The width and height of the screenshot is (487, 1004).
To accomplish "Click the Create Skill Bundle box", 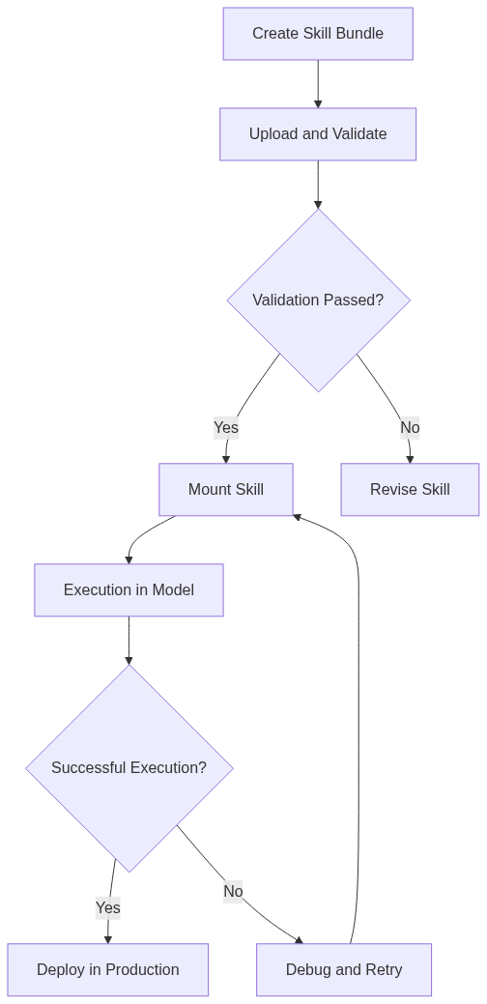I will (x=318, y=34).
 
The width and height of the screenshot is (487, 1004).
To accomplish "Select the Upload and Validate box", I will (x=318, y=134).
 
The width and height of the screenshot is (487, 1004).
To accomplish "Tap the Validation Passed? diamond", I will (x=318, y=301).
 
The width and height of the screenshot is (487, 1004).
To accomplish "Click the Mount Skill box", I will (x=226, y=490).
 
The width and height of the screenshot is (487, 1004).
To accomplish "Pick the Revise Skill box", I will (x=410, y=490).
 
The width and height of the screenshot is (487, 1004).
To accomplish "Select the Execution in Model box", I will (x=129, y=590).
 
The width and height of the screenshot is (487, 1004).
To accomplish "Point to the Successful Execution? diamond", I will (x=129, y=768).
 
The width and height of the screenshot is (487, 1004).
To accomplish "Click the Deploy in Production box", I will (x=108, y=970).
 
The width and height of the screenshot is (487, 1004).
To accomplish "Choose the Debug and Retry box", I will (x=344, y=970).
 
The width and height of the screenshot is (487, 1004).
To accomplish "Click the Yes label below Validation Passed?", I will (x=226, y=427).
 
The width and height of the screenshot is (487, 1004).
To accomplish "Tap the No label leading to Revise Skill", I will (x=410, y=427).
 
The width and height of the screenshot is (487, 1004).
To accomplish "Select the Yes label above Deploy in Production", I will (x=108, y=907).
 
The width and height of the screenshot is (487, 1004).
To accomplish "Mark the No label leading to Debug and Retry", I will (x=233, y=891).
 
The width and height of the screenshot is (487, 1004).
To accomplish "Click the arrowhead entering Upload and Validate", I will (x=318, y=103).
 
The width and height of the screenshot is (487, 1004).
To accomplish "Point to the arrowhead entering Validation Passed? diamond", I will (x=318, y=204).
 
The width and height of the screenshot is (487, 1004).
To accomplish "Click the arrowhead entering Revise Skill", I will (x=410, y=459).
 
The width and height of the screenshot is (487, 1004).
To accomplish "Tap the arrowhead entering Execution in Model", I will (x=129, y=559).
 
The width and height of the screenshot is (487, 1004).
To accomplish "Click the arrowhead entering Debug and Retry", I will (x=299, y=939).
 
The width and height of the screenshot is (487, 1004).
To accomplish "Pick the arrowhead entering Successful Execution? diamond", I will (x=129, y=660).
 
